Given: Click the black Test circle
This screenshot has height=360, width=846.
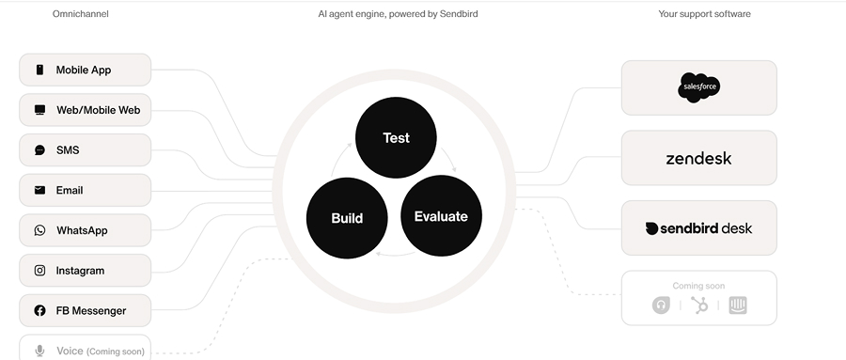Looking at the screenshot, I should click(396, 137).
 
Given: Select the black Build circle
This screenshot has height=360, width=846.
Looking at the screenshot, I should click(347, 217).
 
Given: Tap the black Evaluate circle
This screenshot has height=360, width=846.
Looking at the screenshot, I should click(441, 216).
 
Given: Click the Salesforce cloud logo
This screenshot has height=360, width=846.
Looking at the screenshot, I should click(698, 88).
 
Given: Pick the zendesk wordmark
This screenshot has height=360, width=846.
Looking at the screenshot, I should click(698, 158).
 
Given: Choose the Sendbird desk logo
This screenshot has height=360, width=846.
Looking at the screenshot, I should click(698, 228).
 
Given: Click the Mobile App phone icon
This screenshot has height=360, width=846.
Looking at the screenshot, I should click(39, 70).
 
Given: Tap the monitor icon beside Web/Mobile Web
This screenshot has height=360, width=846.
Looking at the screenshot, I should click(39, 110).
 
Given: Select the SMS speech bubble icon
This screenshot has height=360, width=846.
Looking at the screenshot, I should click(39, 150).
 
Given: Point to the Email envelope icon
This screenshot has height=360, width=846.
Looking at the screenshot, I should click(39, 190).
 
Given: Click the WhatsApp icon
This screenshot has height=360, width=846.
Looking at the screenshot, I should click(39, 230).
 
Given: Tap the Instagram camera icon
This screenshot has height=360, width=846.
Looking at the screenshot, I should click(39, 271).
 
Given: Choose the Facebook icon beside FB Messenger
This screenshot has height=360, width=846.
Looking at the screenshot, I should click(39, 311).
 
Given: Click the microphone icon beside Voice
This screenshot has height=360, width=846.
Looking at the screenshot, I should click(39, 351).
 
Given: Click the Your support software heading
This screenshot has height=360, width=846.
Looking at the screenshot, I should click(703, 14).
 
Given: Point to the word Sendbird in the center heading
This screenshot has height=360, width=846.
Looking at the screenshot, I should click(458, 14).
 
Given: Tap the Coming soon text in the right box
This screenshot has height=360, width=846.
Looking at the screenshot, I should click(698, 286).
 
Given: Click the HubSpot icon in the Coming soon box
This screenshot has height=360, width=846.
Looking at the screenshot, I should click(699, 305).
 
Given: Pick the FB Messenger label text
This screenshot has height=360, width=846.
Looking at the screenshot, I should click(90, 311).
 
